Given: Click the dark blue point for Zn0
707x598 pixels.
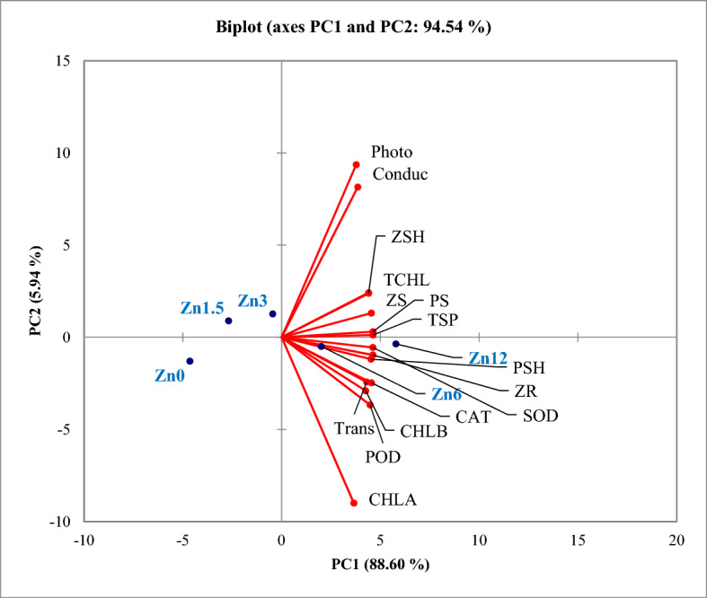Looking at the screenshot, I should coord(190,361).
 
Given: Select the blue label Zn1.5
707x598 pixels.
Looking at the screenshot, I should coord(201,308).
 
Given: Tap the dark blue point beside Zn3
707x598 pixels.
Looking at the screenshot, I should coord(272,314).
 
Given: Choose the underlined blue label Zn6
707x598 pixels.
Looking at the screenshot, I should coord(446,394).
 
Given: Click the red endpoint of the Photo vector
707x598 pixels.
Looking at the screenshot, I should coord(356,164).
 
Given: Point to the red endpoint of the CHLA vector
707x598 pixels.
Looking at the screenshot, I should coord(353,503).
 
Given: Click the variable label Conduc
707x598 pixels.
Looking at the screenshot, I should coord(399,175).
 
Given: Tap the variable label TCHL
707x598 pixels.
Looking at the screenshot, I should coord(406,279).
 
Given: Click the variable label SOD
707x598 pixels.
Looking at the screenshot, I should coord(540,416).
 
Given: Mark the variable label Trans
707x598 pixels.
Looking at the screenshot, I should coord(354,427).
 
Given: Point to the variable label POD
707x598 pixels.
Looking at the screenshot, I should coord(382,457).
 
